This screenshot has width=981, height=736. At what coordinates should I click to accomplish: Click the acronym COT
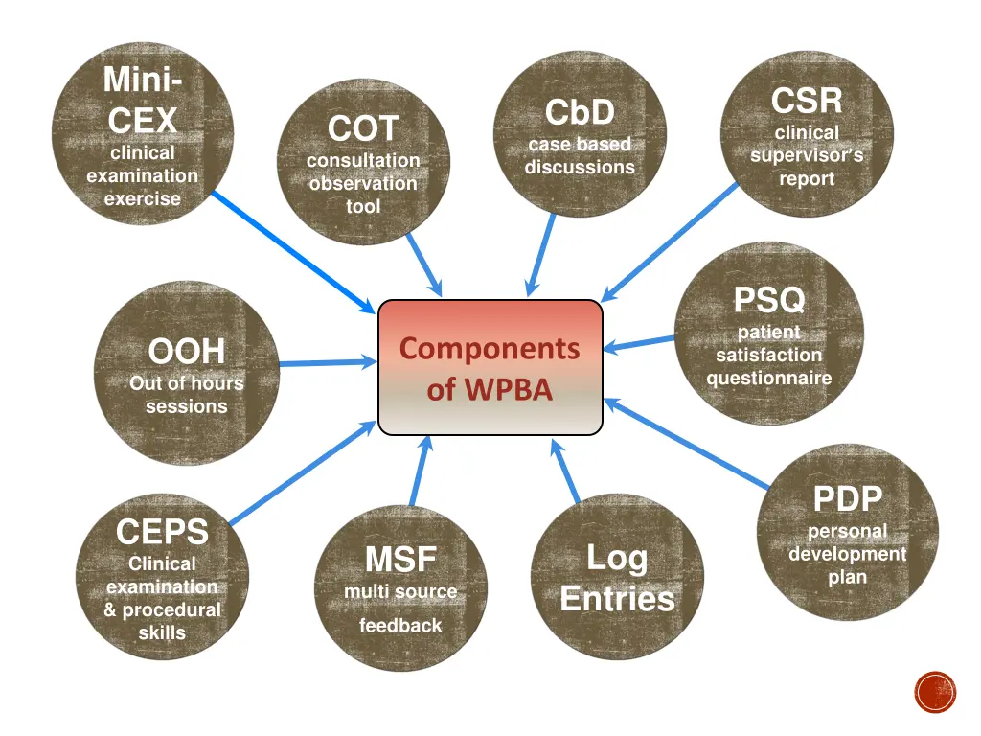point(362,128)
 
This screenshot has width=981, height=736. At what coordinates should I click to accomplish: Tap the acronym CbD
point(580,113)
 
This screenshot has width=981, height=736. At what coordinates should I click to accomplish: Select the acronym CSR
point(807,100)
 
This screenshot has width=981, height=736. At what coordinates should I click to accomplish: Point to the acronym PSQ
point(769,300)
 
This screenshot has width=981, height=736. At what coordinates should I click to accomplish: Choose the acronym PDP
point(847,499)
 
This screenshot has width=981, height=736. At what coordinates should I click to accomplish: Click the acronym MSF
point(400,559)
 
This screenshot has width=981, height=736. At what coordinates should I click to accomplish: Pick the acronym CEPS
point(162,531)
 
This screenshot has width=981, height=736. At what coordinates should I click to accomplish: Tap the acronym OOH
point(186,352)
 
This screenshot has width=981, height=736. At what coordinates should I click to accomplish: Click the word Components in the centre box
point(490,348)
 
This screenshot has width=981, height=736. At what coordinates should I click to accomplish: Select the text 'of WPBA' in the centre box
point(490,390)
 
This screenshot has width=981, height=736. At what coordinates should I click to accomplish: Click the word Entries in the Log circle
point(617,600)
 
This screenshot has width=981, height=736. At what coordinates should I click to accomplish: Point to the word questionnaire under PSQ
point(769,378)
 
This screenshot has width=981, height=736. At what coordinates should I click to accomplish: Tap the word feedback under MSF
point(400,626)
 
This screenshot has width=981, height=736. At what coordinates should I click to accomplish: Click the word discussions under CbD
point(580,167)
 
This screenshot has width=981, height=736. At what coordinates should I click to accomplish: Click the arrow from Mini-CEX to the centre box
point(292,251)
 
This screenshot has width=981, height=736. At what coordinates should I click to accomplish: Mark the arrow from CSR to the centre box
point(671,241)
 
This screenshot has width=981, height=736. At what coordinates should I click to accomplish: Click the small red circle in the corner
point(935,692)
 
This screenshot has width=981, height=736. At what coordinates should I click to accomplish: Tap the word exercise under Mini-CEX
point(142,199)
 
